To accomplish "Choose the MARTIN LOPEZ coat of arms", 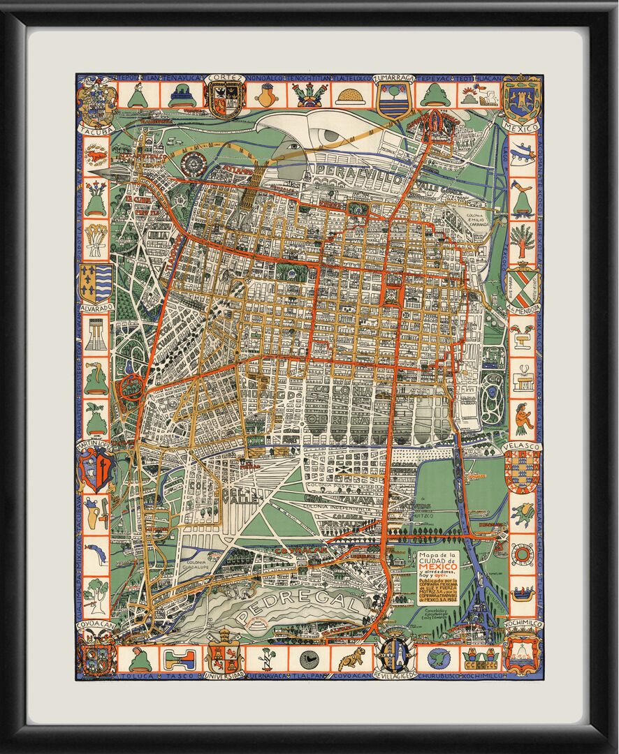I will coord(96,468).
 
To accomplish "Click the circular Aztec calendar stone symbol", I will coord(191,165).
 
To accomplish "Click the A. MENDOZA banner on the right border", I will coord(522,308).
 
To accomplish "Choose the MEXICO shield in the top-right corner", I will coord(522,100).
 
